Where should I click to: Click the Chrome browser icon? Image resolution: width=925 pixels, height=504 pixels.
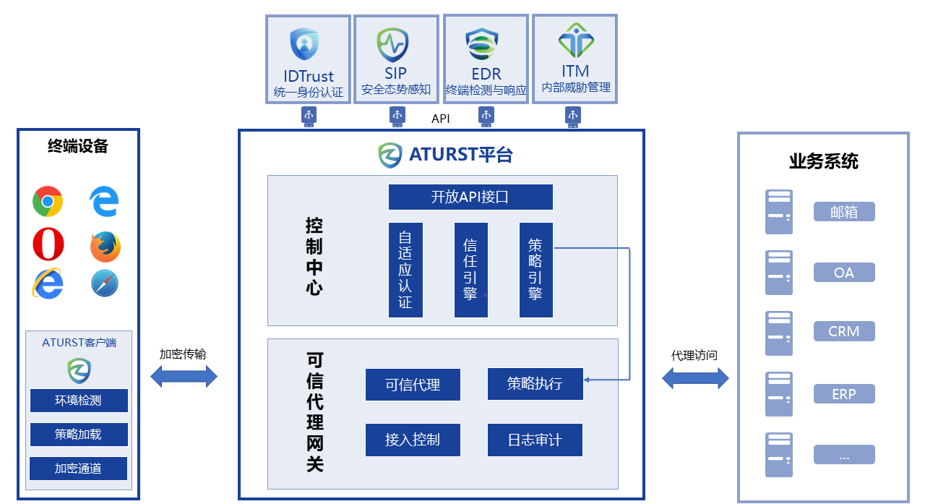48,202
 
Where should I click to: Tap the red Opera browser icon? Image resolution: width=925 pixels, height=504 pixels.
48,244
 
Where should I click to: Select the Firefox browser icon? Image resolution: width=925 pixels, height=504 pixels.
106,247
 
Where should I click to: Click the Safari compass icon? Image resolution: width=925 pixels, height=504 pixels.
106,283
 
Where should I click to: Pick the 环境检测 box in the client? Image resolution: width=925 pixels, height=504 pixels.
79,401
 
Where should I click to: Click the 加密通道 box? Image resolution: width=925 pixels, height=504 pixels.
79,469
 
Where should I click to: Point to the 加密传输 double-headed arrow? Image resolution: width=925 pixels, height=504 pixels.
184,376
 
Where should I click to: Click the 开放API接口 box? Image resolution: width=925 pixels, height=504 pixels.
470,197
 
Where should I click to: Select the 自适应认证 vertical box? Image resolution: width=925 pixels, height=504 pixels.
405,270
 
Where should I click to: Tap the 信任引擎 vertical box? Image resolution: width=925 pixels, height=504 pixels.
470,270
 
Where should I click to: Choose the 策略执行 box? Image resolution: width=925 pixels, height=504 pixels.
535,384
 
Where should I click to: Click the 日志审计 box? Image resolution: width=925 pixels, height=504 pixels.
535,440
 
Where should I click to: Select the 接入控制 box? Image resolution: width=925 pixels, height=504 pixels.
413,440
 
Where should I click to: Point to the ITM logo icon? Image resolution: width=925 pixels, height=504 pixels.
575,40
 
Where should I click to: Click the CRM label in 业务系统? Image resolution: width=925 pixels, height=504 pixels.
844,332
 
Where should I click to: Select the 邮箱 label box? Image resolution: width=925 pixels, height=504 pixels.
844,212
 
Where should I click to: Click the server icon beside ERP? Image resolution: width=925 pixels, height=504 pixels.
779,394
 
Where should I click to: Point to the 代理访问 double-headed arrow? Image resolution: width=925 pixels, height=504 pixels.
696,377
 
